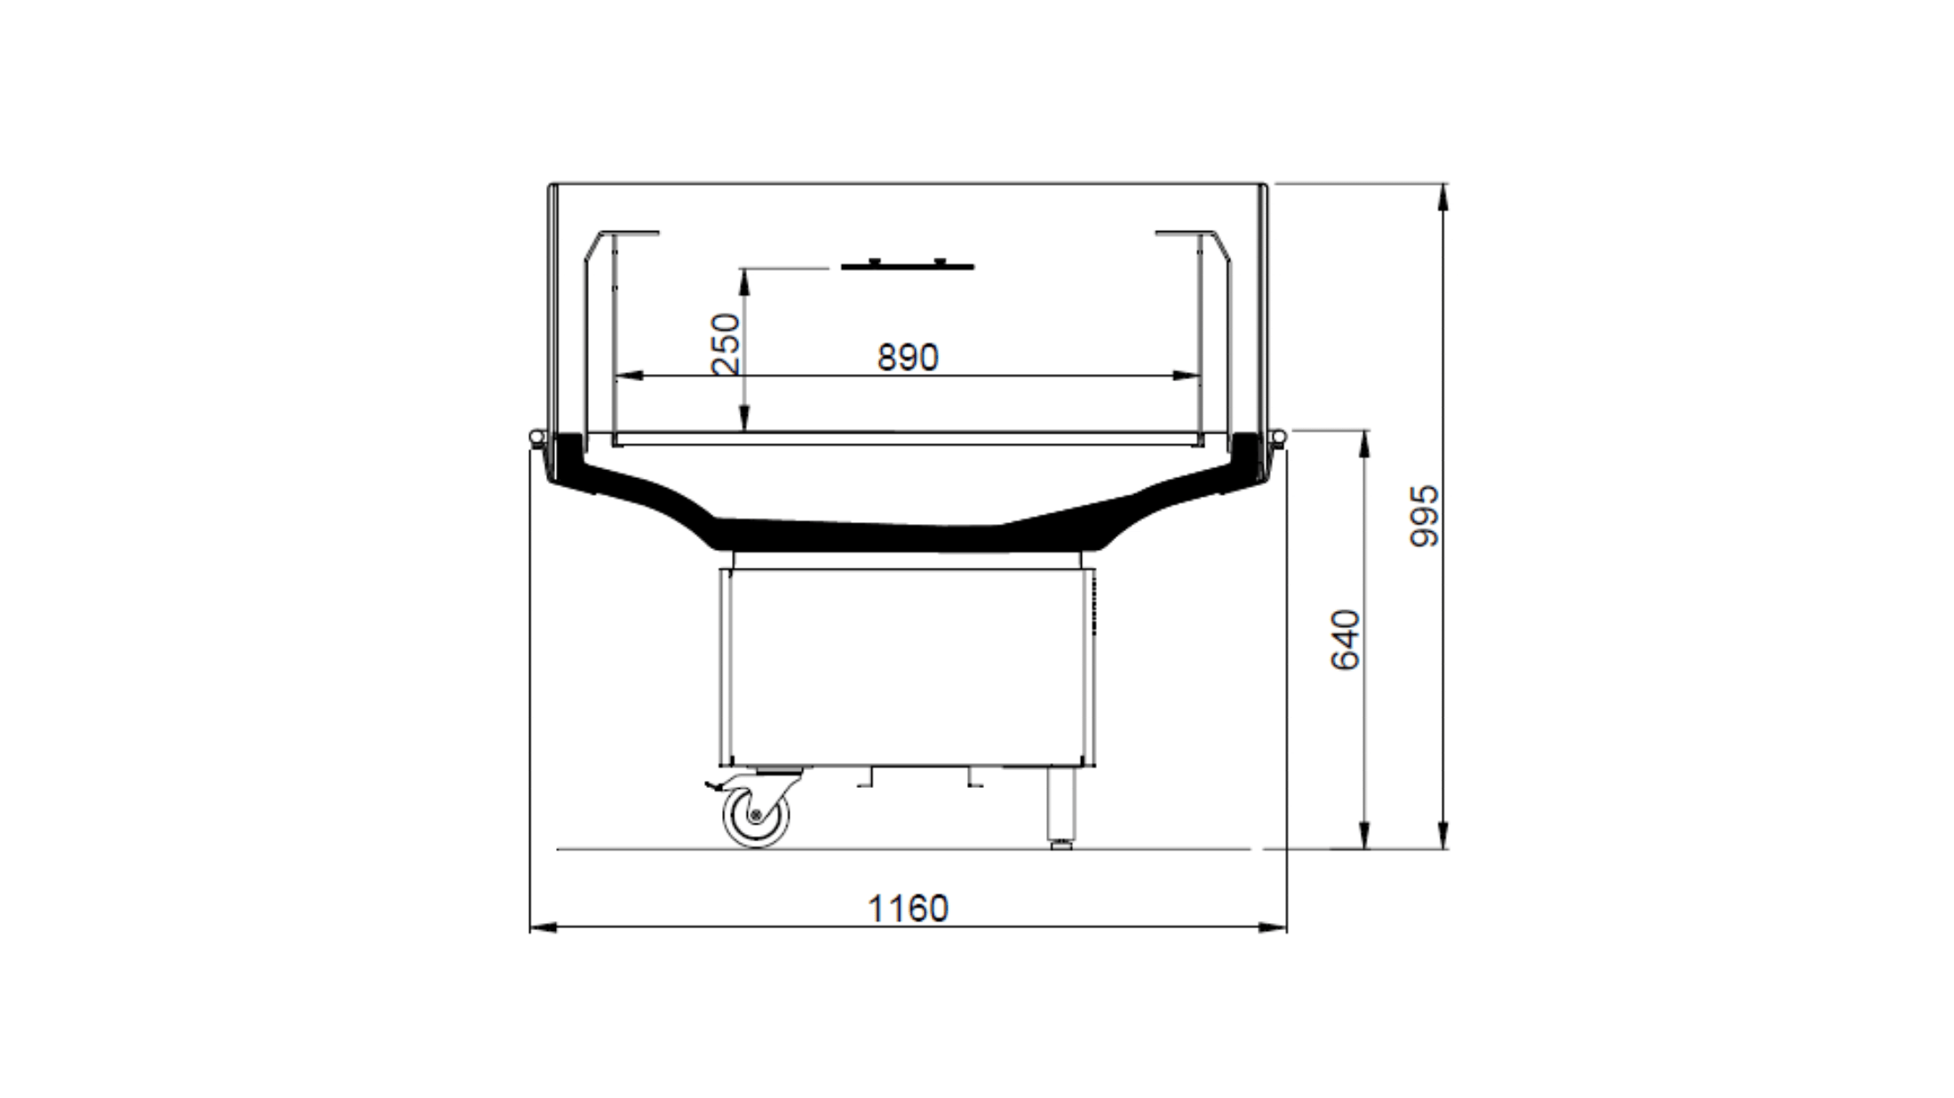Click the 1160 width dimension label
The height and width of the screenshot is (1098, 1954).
908,909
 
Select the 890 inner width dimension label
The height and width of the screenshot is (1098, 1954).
908,357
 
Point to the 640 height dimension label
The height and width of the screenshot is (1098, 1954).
1346,640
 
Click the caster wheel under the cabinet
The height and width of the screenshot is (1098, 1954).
756,816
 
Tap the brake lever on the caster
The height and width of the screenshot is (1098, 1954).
715,787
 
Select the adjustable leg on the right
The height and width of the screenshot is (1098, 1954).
1061,807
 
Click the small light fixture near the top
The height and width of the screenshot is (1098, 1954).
908,265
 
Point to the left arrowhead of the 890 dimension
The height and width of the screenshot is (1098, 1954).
628,376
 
